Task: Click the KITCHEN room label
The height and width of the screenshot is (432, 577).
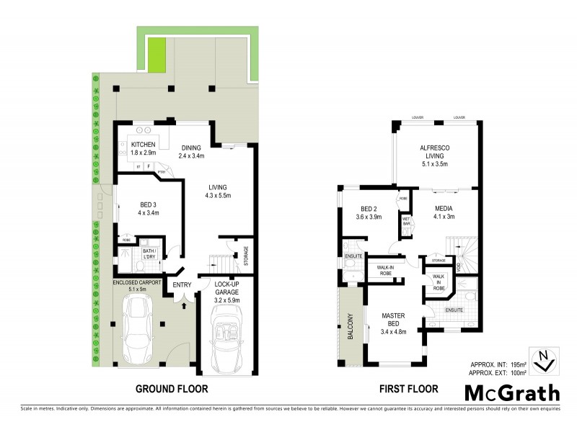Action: point(144,145)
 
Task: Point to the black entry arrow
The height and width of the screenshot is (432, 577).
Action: point(185,305)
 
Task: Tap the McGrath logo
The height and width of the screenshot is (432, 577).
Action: point(511,392)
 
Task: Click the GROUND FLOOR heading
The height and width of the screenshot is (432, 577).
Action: point(172,390)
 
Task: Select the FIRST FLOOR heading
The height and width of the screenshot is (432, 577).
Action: point(408,390)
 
